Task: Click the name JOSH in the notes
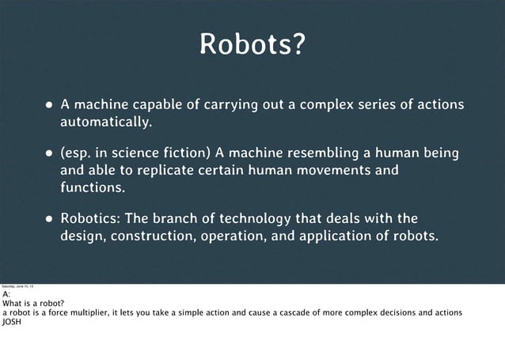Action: [x=11, y=321]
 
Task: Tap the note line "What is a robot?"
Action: [x=33, y=303]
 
